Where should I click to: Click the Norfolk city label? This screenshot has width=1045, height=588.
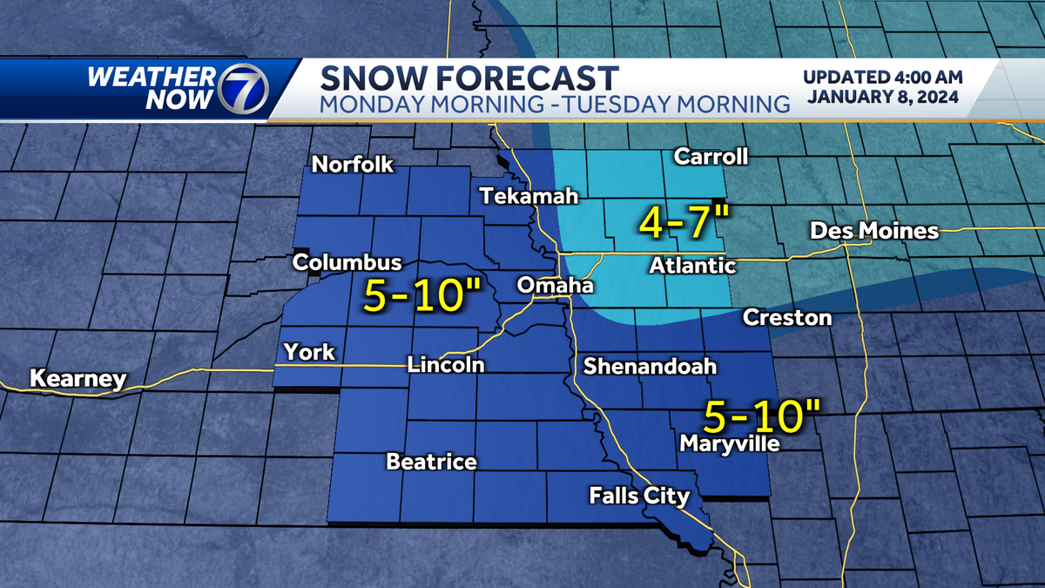[x=354, y=165]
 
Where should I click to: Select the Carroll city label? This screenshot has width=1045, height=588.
[x=711, y=157]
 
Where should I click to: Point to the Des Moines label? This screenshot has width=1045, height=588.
[x=874, y=231]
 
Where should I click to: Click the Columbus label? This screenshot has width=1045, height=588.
[x=347, y=262]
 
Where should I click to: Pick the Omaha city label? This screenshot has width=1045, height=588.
[x=555, y=286]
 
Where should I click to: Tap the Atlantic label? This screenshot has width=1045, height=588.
[x=692, y=267]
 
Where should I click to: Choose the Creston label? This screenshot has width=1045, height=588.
[x=787, y=318]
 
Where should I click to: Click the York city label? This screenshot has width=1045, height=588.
[x=310, y=352]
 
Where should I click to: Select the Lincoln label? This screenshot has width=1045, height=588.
[x=446, y=365]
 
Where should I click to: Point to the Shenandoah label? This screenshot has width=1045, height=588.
[x=650, y=366]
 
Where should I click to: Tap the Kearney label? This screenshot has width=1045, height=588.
[x=78, y=380]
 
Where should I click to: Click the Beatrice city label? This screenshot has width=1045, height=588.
[x=431, y=462]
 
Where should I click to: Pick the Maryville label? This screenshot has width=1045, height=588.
[x=729, y=445]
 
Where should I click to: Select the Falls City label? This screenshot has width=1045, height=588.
[x=639, y=497]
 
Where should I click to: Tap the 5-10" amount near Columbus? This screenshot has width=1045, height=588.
[x=417, y=297]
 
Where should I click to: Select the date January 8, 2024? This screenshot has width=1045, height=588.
[x=883, y=97]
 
